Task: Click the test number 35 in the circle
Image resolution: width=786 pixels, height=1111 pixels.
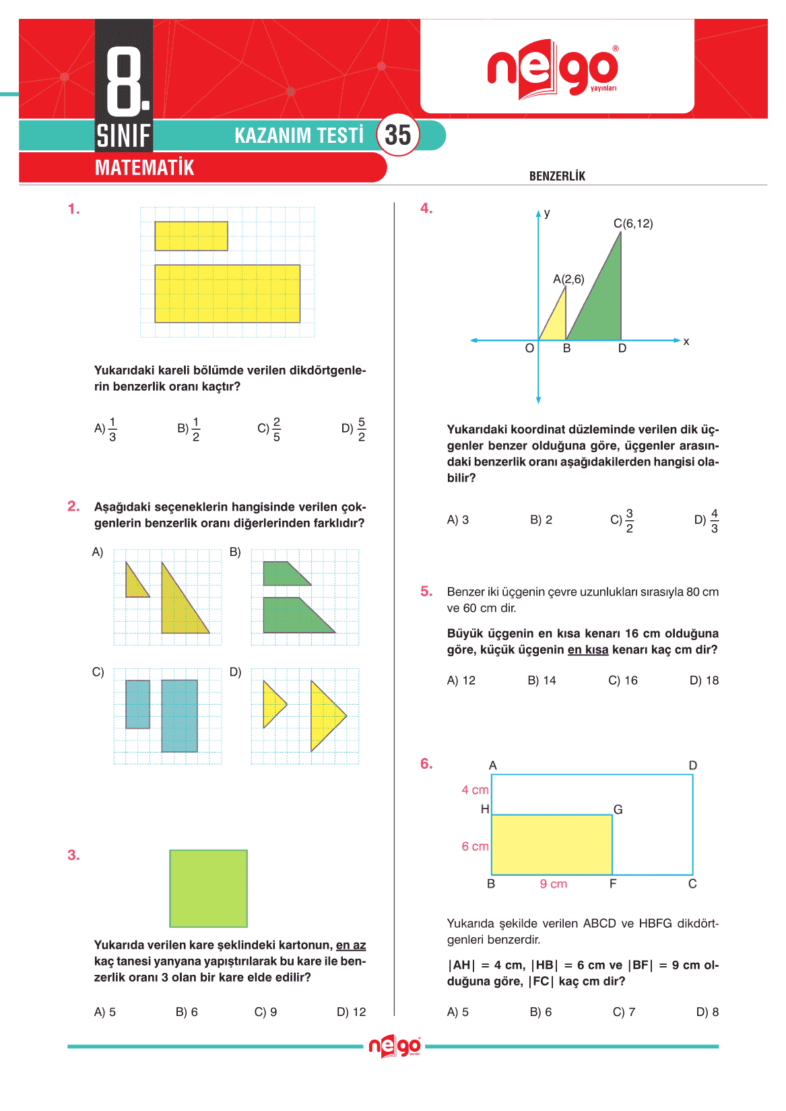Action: (x=397, y=135)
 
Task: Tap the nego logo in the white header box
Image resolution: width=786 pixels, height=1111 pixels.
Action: (x=552, y=69)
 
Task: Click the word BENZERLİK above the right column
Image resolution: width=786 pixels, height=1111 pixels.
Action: (x=557, y=176)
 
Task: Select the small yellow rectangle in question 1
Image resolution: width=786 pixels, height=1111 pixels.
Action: (x=191, y=236)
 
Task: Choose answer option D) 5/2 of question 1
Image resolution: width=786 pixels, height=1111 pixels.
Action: (x=354, y=428)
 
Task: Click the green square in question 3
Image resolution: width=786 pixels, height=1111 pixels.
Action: (x=208, y=888)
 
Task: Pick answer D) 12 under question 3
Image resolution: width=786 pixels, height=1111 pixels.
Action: (x=351, y=1012)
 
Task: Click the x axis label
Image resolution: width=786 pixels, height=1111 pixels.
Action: (x=686, y=342)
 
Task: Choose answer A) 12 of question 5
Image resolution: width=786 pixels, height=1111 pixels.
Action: (x=461, y=680)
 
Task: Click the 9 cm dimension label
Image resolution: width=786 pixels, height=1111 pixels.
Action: (x=554, y=884)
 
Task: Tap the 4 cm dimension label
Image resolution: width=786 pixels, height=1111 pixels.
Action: (x=475, y=790)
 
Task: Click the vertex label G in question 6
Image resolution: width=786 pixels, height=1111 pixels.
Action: (x=618, y=809)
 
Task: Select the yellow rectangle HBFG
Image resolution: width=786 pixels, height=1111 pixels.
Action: (x=552, y=845)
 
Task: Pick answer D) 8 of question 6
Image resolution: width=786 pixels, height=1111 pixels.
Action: (x=707, y=1012)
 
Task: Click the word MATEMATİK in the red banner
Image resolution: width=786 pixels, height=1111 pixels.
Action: (x=144, y=168)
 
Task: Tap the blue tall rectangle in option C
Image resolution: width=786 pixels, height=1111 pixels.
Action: (x=179, y=716)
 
